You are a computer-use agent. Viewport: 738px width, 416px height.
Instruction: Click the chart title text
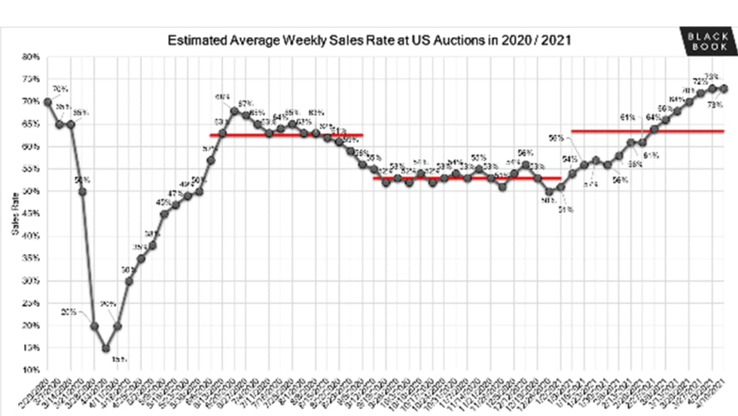tap(369, 40)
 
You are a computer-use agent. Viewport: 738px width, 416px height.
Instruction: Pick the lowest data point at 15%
tap(106, 348)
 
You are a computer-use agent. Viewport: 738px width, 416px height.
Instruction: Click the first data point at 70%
tap(47, 102)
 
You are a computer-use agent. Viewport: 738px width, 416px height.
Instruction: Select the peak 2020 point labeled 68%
tap(234, 111)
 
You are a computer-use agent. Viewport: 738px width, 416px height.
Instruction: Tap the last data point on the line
tap(724, 88)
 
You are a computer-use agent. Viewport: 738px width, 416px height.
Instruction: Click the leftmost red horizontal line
tap(286, 135)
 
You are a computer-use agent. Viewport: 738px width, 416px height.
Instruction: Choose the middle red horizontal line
tap(467, 179)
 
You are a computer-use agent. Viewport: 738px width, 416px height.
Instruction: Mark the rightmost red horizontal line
tap(648, 131)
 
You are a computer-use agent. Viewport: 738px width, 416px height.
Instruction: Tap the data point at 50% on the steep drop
tap(83, 191)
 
